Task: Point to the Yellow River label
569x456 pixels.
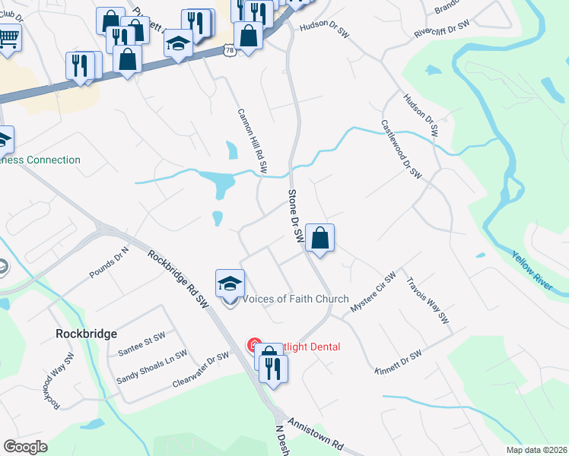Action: (539, 274)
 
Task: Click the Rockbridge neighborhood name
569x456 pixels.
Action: (86, 334)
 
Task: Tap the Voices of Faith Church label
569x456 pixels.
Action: (295, 299)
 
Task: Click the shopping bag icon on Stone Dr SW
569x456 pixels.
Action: (320, 239)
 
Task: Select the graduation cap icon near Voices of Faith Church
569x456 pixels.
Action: (230, 284)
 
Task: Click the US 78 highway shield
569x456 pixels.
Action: (230, 49)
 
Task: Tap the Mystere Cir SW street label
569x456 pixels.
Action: (373, 292)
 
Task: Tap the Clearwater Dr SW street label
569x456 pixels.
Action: (201, 367)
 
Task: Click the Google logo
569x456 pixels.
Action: (25, 447)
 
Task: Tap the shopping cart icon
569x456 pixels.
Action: (8, 36)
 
